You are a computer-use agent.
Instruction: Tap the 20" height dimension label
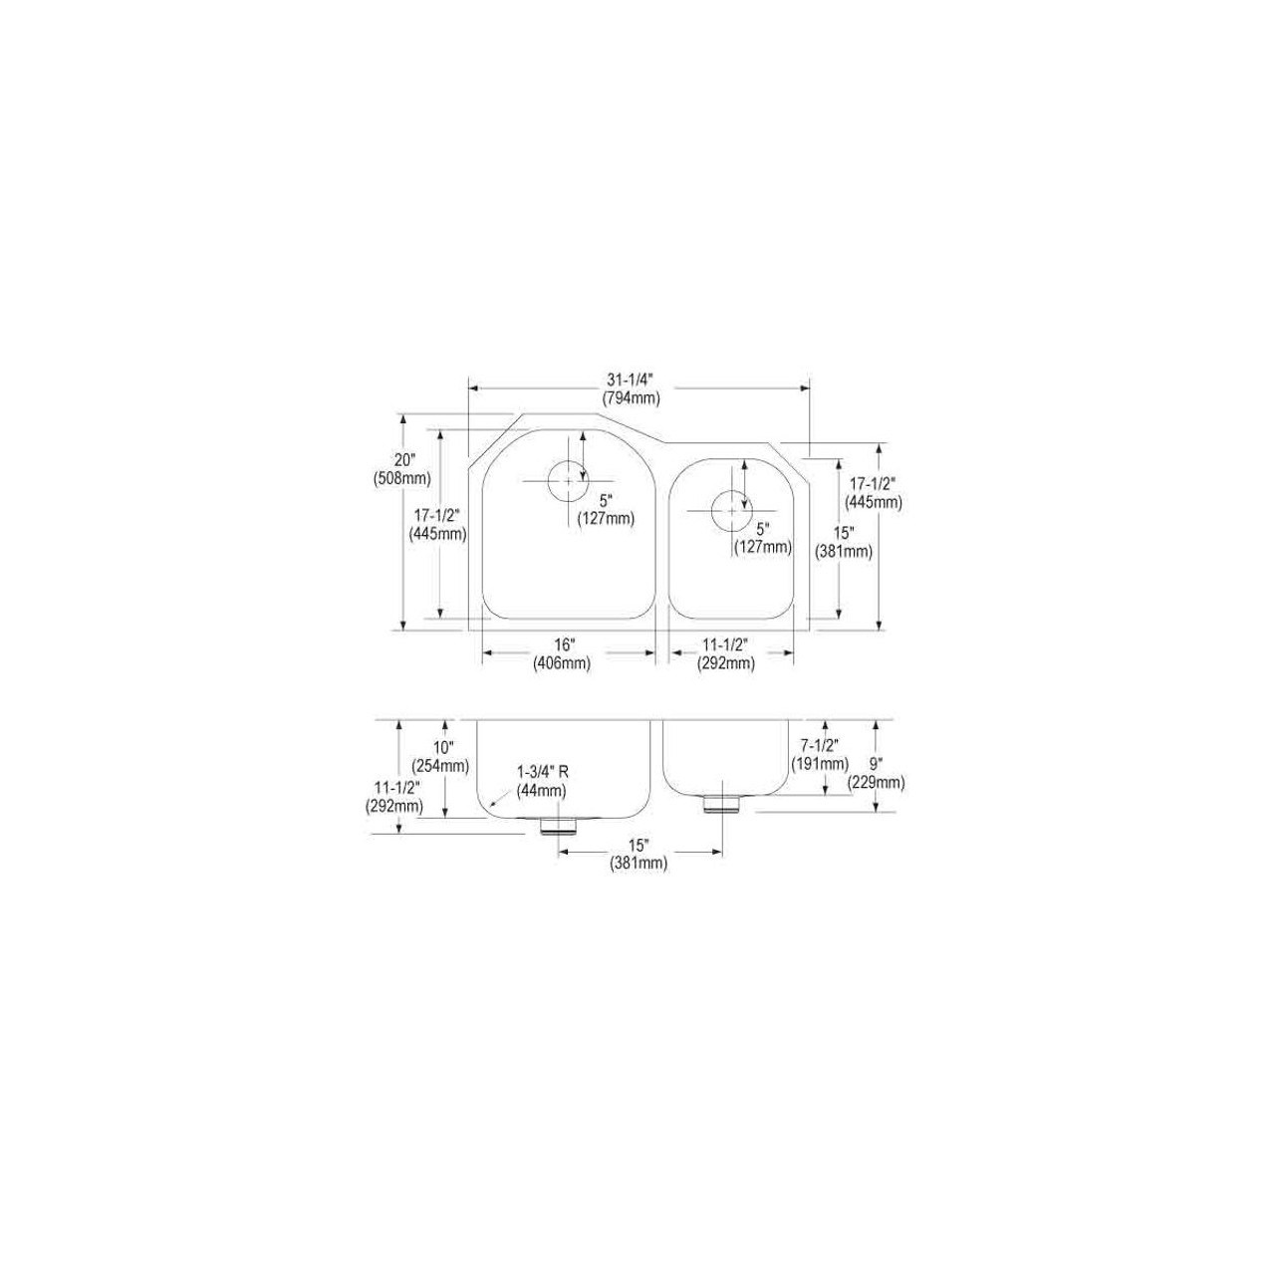402,460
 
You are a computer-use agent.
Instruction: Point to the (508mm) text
402,477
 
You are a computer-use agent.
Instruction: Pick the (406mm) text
562,663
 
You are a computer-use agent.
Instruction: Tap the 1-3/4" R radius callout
542,772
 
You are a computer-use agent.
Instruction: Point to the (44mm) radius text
542,789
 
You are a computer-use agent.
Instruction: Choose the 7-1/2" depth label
820,746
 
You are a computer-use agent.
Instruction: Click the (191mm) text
820,764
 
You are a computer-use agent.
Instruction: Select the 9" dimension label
876,765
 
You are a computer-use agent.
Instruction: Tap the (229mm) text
876,782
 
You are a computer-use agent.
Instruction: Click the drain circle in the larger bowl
567,480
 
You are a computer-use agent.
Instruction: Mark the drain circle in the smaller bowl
732,510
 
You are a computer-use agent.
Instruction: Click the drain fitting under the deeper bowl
557,826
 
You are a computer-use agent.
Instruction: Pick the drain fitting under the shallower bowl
721,803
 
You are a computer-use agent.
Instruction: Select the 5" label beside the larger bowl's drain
605,500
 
